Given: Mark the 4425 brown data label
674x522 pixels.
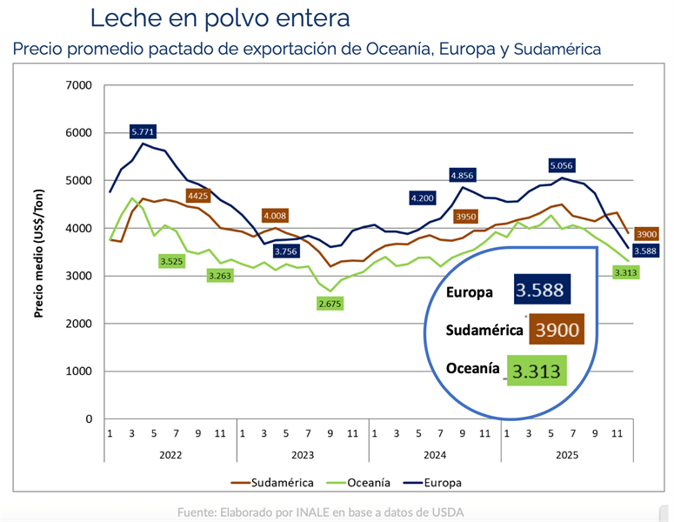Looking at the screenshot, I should [x=197, y=196].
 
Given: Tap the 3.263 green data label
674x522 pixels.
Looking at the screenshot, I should [x=220, y=276].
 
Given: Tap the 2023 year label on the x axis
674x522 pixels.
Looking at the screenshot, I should [x=303, y=453].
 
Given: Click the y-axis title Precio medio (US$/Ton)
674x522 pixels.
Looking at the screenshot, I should [x=39, y=252].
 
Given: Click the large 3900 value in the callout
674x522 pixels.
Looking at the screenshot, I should [x=553, y=331].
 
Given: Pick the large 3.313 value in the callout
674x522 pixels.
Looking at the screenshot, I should [x=537, y=371].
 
